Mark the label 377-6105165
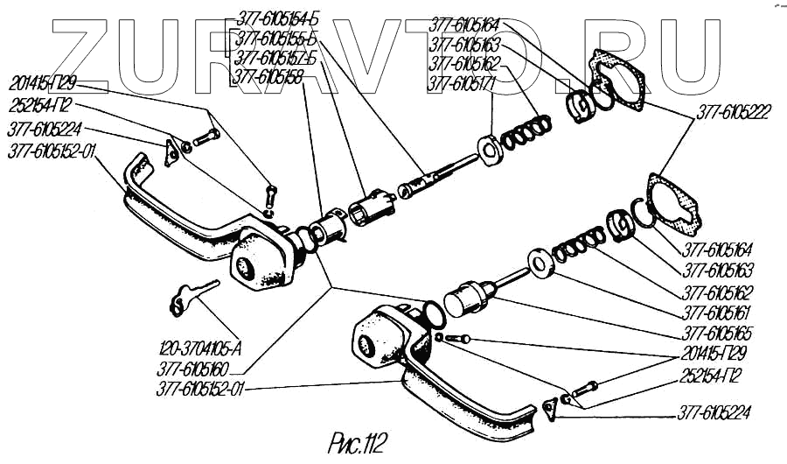point(717,334)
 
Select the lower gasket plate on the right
point(675,203)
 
